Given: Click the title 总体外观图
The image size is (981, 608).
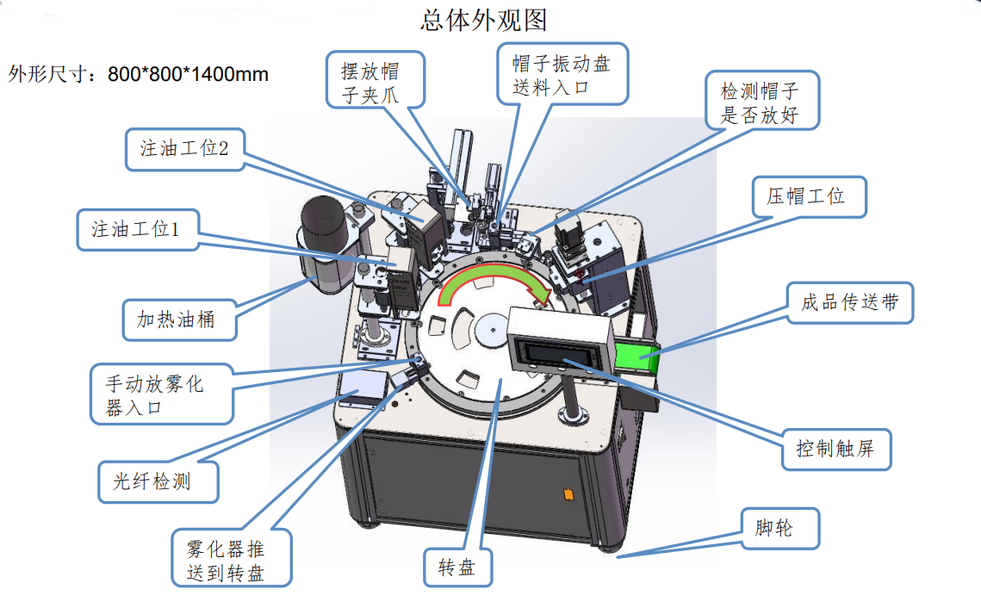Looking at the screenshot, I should pyautogui.click(x=483, y=19).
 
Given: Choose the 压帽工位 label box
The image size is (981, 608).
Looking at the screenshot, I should pyautogui.click(x=805, y=196).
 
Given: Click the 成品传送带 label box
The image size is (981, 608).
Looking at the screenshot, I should pyautogui.click(x=849, y=303).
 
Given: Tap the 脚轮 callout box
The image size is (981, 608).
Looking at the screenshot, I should pyautogui.click(x=779, y=529).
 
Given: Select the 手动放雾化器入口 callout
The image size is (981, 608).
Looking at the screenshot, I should pyautogui.click(x=160, y=394).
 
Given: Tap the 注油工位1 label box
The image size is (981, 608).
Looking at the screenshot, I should pyautogui.click(x=137, y=230).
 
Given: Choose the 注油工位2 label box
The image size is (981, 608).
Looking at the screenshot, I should pyautogui.click(x=183, y=148).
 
